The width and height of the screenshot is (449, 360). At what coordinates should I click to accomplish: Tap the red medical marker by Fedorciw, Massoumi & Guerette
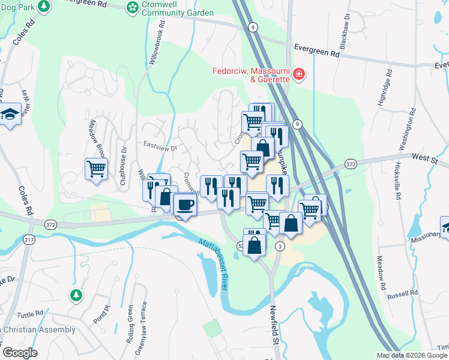(298, 75)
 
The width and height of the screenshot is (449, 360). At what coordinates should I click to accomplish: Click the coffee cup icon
(185, 205)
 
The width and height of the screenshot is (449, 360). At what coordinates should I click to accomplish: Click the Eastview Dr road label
(161, 146)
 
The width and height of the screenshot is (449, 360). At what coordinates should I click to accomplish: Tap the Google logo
(20, 353)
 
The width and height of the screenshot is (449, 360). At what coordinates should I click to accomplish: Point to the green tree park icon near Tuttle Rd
(76, 295)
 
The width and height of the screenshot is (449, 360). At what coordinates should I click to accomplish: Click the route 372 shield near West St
(351, 164)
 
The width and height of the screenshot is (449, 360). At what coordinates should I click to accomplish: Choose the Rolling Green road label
(130, 324)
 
